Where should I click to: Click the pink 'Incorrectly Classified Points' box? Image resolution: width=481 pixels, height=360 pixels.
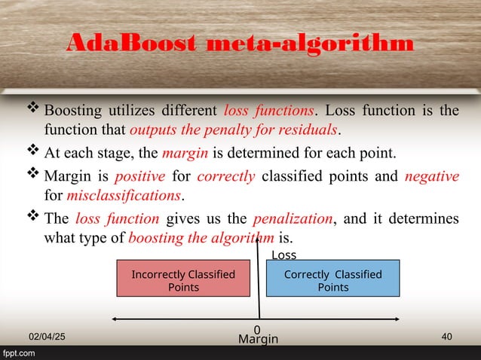coord(183,280)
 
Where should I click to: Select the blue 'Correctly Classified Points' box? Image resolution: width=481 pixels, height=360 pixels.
coord(332,280)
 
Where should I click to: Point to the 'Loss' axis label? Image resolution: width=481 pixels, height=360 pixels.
coord(283,255)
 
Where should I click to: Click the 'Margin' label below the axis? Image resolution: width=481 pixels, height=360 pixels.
coord(258,340)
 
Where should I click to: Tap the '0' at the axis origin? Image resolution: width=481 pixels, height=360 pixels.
coord(257,329)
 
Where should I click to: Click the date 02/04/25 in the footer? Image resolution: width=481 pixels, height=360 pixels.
coord(47,339)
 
